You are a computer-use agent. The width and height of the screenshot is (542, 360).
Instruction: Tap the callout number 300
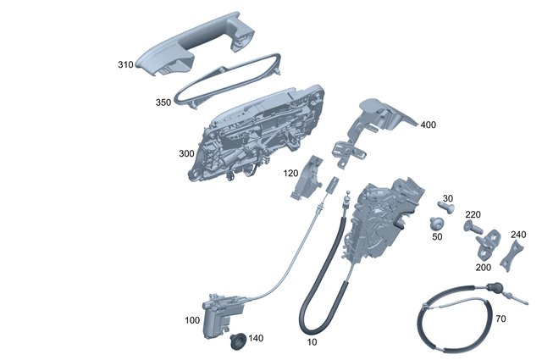pyautogui.click(x=186, y=155)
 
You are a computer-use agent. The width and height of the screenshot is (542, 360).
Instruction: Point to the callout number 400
pyautogui.click(x=428, y=125)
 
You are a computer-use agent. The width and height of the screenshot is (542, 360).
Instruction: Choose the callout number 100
pyautogui.click(x=193, y=321)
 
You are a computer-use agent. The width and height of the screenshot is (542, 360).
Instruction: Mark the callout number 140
pyautogui.click(x=256, y=338)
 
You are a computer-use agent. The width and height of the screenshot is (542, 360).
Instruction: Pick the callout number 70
pyautogui.click(x=501, y=319)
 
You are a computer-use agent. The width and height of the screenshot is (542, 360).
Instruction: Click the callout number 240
pyautogui.click(x=518, y=235)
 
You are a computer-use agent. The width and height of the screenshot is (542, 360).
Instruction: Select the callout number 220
pyautogui.click(x=473, y=214)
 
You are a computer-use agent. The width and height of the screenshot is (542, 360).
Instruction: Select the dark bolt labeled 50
pyautogui.click(x=437, y=223)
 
